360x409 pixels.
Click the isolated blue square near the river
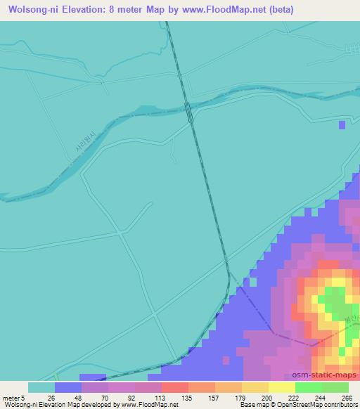pyautogui.click(x=342, y=125)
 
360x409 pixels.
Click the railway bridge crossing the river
pyautogui.click(x=189, y=110)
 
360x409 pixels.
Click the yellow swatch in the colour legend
pyautogui.click(x=281, y=387)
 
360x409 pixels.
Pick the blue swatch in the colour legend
pyautogui.click(x=68, y=387)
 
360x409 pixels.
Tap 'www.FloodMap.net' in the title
pyautogui.click(x=219, y=10)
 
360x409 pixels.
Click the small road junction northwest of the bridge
pyautogui.click(x=103, y=82)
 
